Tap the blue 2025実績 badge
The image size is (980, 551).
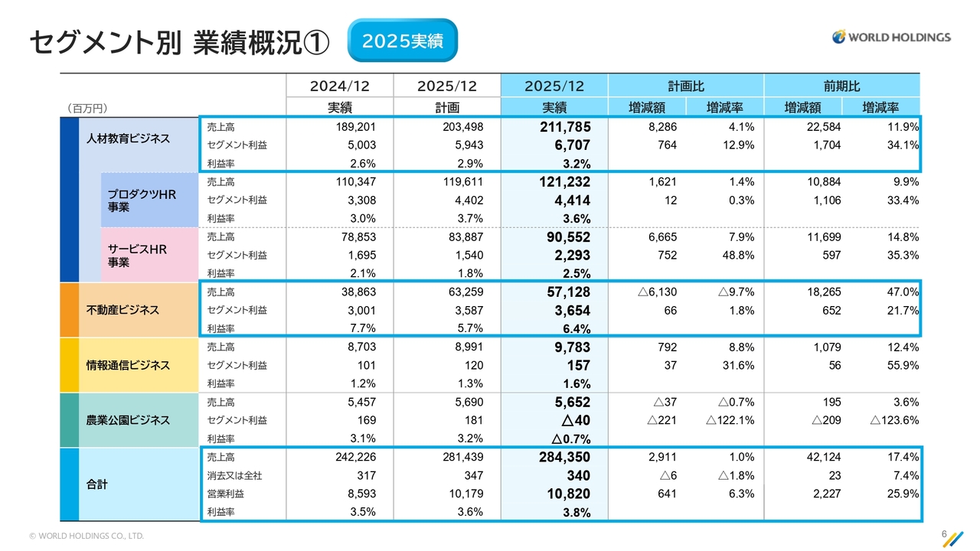[402, 41]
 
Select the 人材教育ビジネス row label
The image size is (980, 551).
[128, 139]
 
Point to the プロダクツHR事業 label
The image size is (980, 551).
[142, 201]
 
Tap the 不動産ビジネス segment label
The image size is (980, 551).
[122, 310]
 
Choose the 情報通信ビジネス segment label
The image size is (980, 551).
[128, 365]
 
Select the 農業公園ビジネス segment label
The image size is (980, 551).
[128, 420]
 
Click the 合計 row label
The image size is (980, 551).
[97, 484]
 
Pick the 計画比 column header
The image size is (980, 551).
[686, 86]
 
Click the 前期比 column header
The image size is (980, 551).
[841, 86]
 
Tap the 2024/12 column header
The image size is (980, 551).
[339, 86]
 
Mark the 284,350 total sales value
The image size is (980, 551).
[562, 458]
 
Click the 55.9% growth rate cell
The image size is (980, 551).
[901, 365]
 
